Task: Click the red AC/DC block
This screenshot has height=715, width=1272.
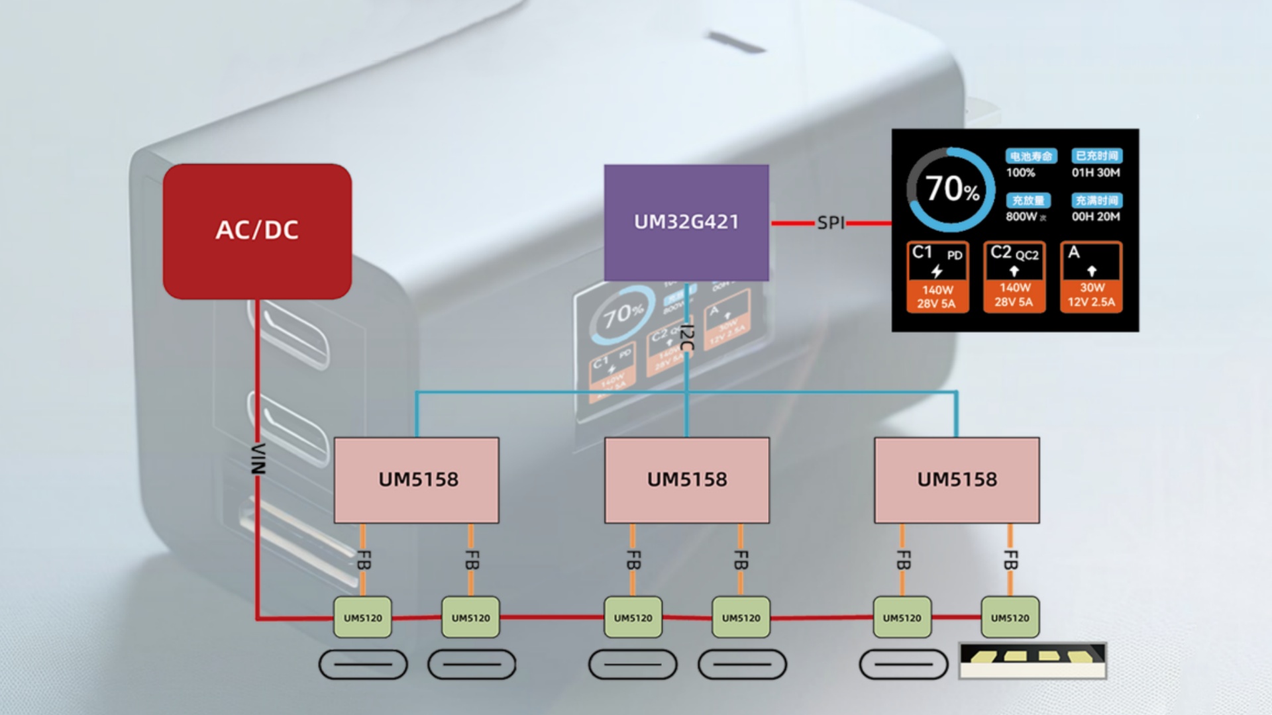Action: pyautogui.click(x=257, y=231)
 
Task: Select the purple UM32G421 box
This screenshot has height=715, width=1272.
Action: pyautogui.click(x=686, y=222)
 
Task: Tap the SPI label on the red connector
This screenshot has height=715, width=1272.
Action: pyautogui.click(x=831, y=223)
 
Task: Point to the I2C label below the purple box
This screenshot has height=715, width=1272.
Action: pyautogui.click(x=687, y=338)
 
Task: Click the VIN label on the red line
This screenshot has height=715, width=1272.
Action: pyautogui.click(x=258, y=459)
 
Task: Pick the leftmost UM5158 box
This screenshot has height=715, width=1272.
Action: pyautogui.click(x=417, y=479)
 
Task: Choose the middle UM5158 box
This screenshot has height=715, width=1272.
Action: pyautogui.click(x=687, y=479)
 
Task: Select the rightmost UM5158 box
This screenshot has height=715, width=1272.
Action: pyautogui.click(x=957, y=479)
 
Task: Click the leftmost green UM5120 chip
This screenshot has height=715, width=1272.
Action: pyautogui.click(x=362, y=618)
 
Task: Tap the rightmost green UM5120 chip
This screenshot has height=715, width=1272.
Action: pyautogui.click(x=1010, y=618)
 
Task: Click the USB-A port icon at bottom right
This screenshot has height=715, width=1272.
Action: pyautogui.click(x=1033, y=661)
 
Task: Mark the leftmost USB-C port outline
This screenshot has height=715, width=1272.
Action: pyautogui.click(x=363, y=665)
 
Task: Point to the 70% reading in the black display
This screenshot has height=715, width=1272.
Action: pyautogui.click(x=951, y=189)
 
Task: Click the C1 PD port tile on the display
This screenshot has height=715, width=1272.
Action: pyautogui.click(x=936, y=277)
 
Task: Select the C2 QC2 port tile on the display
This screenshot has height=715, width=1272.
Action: pyautogui.click(x=1014, y=277)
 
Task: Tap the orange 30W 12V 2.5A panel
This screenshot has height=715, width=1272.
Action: pyautogui.click(x=1091, y=295)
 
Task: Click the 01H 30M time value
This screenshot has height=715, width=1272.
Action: pyautogui.click(x=1096, y=173)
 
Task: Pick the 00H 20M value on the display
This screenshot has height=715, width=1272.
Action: pyautogui.click(x=1096, y=216)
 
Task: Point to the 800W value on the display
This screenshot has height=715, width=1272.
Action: pyautogui.click(x=1022, y=216)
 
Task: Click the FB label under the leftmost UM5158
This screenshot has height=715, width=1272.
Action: pyautogui.click(x=363, y=560)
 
